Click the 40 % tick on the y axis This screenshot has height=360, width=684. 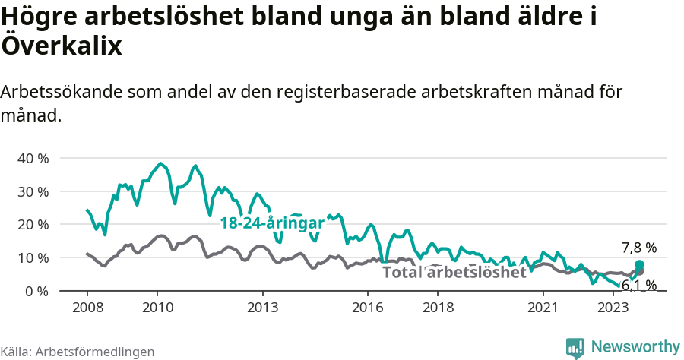32,159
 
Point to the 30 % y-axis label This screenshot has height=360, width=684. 32,192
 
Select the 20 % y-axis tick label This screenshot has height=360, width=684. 32,225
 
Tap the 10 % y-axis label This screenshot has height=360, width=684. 32,258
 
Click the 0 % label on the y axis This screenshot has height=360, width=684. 36,292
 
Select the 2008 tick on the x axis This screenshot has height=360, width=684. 87,308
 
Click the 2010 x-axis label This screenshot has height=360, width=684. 157,308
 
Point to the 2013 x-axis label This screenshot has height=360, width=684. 262,308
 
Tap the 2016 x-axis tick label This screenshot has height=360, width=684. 368,308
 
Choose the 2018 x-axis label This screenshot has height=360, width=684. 438,308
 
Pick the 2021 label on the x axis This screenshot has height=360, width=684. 543,308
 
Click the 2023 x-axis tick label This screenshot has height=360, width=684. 613,308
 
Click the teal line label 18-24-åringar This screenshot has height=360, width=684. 272,223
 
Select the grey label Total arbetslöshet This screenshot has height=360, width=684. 454,273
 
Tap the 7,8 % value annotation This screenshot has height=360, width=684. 638,248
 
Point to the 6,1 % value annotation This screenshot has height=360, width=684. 638,286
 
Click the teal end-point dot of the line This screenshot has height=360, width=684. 639,264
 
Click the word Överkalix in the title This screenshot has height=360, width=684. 62,46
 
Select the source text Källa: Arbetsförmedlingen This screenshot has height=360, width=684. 78,352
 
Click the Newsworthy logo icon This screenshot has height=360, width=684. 575,347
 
